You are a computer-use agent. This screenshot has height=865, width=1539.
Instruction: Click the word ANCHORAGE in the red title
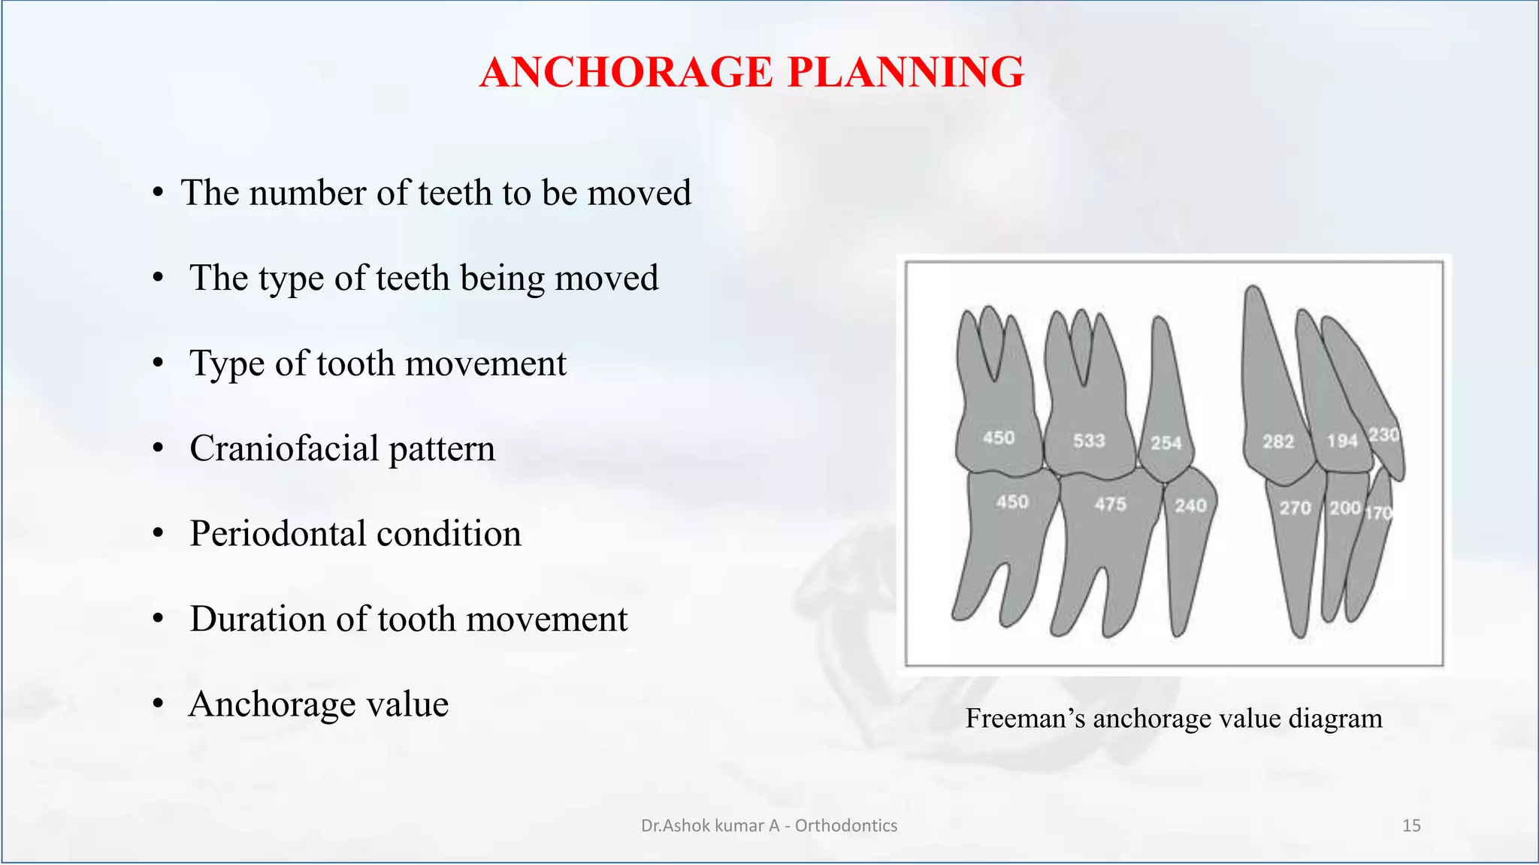tap(626, 73)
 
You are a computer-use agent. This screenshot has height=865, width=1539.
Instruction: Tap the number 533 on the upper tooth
tap(1088, 440)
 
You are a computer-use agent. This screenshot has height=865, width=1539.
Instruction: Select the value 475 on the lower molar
tap(1110, 504)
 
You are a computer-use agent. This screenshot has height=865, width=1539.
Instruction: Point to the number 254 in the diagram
tap(1166, 443)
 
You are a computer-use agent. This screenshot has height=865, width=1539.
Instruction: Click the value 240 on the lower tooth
tap(1190, 505)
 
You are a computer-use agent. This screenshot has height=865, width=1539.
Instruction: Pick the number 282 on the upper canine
tap(1278, 442)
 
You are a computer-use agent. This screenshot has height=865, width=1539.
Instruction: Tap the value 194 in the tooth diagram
tap(1341, 441)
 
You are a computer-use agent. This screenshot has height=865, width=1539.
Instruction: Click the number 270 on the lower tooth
tap(1295, 508)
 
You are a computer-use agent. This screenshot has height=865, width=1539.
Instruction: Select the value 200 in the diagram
tap(1344, 508)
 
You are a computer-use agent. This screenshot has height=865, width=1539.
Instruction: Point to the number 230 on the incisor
tap(1383, 435)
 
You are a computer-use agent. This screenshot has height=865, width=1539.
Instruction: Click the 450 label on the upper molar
tap(999, 437)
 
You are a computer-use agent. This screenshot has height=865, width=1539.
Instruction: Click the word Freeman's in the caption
tap(1025, 719)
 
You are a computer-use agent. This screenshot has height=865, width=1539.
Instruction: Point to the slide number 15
tap(1411, 826)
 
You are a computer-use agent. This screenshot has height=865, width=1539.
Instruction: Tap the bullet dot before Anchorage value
tap(158, 705)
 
